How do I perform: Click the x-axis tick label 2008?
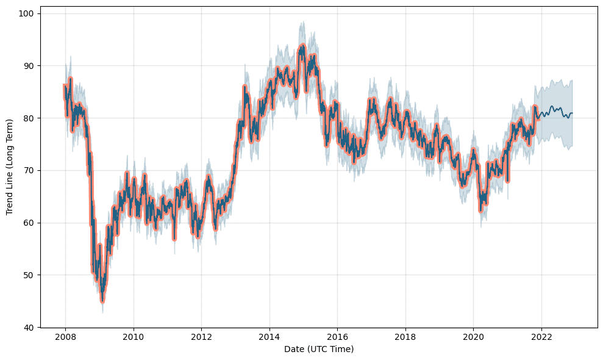click(65, 336)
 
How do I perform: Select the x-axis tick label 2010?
click(134, 336)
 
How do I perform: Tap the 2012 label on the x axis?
click(201, 336)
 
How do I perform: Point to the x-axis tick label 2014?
click(269, 336)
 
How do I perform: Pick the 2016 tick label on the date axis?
click(337, 336)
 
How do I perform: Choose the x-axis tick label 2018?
click(405, 336)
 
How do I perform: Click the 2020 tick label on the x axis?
click(473, 336)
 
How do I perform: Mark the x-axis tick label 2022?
click(541, 336)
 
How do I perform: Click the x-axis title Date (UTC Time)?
click(319, 349)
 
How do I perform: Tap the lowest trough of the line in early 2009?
click(102, 300)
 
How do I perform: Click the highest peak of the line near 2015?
click(302, 45)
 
